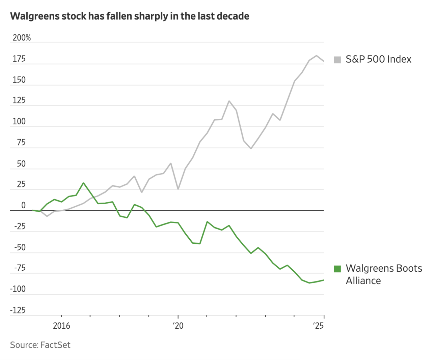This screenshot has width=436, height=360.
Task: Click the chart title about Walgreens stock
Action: tap(130, 16)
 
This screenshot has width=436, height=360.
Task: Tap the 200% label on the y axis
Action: tap(22, 38)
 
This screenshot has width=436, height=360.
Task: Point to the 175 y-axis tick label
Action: tap(19, 59)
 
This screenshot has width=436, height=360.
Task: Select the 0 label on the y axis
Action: tap(23, 205)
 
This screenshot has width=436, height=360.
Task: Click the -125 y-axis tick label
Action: tap(18, 310)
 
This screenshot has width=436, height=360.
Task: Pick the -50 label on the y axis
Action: tap(20, 247)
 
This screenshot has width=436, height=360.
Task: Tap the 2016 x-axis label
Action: tap(61, 326)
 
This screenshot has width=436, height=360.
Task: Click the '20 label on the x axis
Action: tap(178, 326)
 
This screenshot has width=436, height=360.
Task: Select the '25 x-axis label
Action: tap(318, 326)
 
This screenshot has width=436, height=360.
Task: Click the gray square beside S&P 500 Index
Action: tap(337, 60)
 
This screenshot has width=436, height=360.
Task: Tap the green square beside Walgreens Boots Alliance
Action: tap(337, 269)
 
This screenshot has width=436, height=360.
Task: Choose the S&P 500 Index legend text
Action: tap(378, 59)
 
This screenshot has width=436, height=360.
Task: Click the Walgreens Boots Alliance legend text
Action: tap(384, 274)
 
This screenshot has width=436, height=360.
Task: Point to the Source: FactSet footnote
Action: tap(40, 345)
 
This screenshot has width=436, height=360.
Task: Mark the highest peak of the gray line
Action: tap(316, 56)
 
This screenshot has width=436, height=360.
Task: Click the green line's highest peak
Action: tap(83, 183)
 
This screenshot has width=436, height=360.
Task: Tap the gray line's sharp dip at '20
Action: tap(178, 189)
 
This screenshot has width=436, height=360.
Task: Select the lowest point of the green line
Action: tap(309, 283)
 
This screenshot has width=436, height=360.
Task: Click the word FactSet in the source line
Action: tap(55, 345)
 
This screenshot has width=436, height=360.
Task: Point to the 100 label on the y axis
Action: tap(19, 122)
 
